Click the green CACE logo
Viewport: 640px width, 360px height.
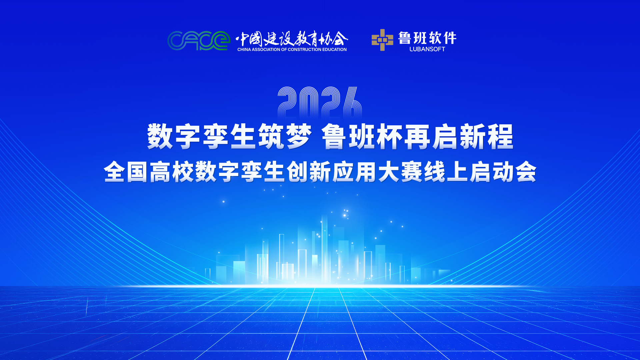pos(199,41)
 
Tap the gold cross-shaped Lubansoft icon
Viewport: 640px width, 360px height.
pos(382,40)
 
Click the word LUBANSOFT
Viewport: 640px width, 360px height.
pos(427,49)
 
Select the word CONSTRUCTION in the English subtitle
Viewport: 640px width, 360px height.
pos(304,50)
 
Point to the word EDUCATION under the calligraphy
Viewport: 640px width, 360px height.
pos(334,50)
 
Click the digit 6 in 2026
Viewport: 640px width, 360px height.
pos(352,103)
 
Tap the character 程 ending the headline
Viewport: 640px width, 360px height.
pos(500,136)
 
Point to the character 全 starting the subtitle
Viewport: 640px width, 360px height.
pos(114,172)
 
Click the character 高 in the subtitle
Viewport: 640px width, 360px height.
pos(160,172)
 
